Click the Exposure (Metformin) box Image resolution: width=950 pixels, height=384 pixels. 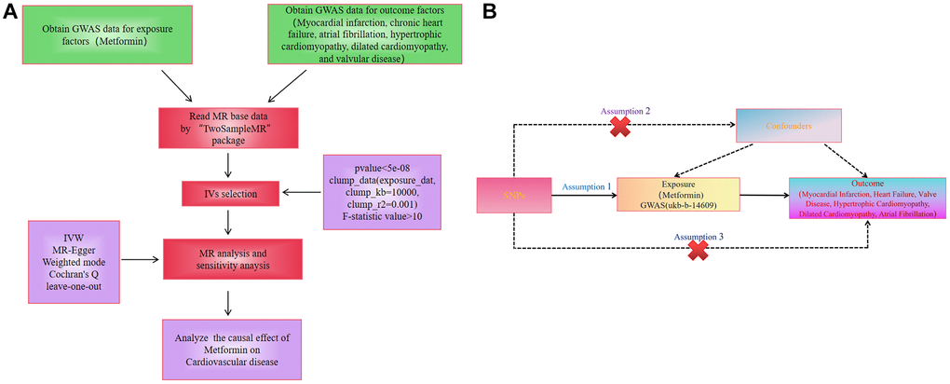[x=678, y=197]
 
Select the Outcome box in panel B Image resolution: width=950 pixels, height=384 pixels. [x=868, y=198]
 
